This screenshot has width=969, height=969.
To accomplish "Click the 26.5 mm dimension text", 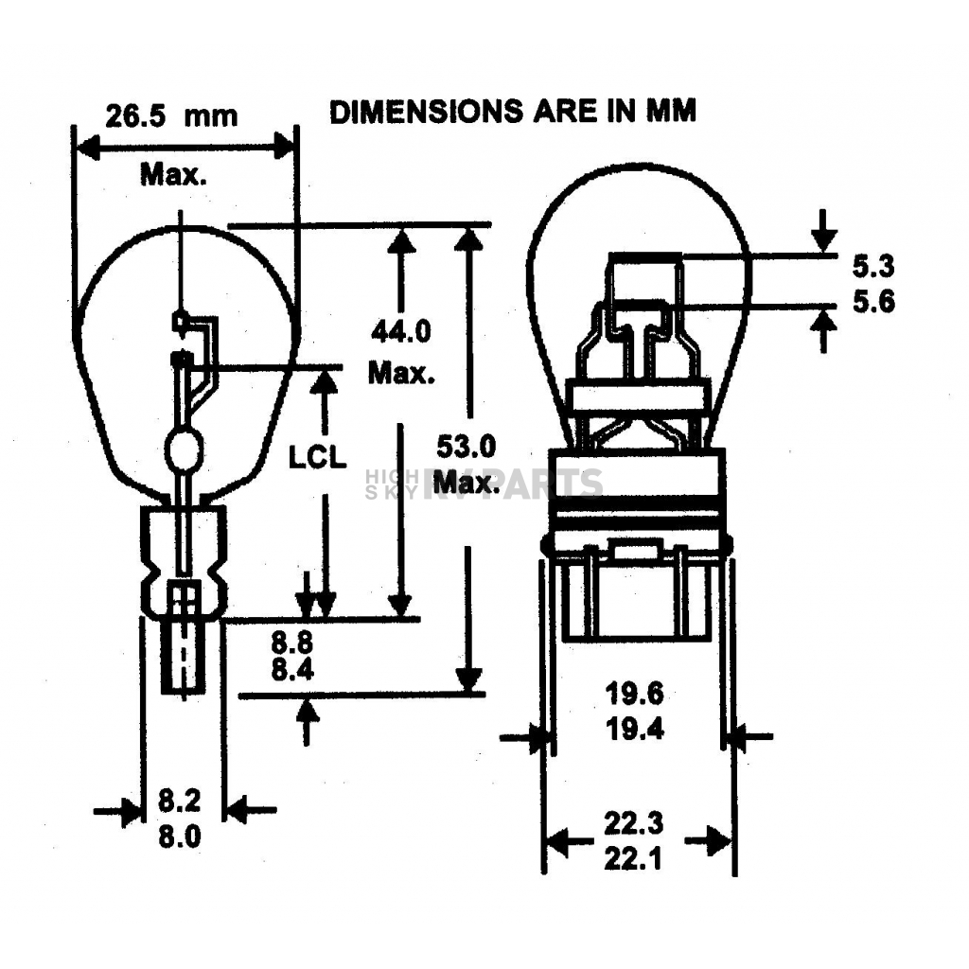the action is pos(171,116).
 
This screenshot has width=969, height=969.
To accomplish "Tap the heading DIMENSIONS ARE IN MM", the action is pos(513,112).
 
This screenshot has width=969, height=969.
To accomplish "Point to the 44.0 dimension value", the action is pos(401,332).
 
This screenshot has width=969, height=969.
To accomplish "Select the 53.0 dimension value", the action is pos(467,447).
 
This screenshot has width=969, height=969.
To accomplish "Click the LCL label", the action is pos(318,457).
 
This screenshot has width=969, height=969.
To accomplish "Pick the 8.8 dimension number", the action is pos(292,643).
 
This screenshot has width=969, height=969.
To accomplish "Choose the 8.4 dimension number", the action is pos(292,670).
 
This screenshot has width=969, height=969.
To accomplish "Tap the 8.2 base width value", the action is pos(180,801).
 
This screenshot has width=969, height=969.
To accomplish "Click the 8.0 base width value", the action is pos(180,837).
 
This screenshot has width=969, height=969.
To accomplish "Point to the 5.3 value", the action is pos(873,266).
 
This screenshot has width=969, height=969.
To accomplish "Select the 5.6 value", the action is pos(873,302).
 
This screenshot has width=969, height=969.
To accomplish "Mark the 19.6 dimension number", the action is pos(635,694).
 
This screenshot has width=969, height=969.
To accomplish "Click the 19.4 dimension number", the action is pos(635,730).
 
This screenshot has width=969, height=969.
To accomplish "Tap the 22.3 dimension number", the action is pos(633,823).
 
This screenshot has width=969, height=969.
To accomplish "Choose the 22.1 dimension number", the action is pos(633,858).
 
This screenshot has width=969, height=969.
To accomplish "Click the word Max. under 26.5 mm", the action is pos(174,175).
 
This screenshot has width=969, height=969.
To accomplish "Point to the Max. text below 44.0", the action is pos(401,373).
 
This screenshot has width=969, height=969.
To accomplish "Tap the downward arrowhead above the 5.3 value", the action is pos(823,240).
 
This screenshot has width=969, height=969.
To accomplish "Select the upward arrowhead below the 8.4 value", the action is pos(308,711).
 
